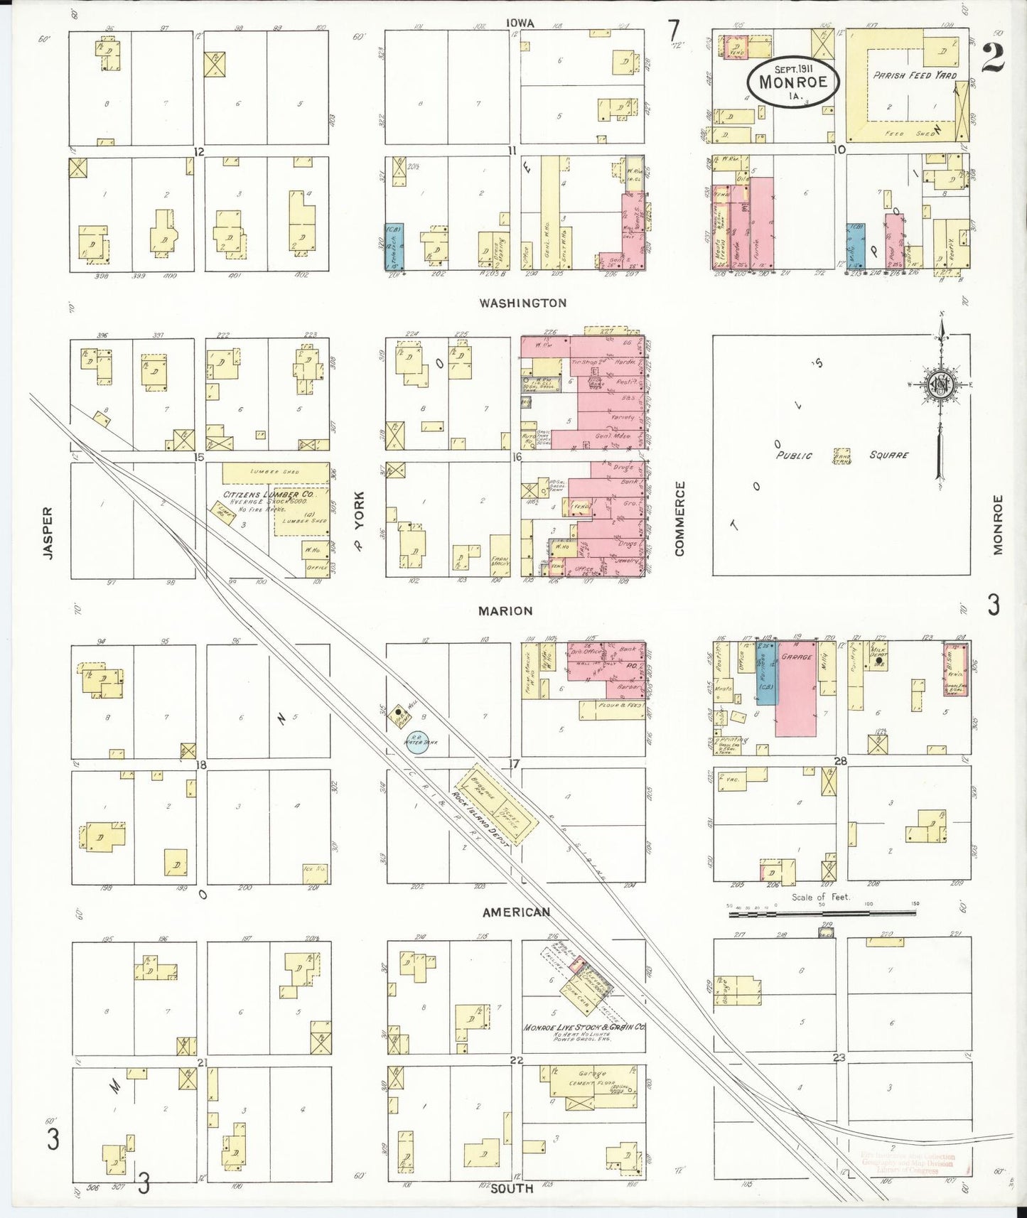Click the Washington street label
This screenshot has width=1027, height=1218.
click(522, 303)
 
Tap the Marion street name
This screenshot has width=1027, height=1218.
click(505, 611)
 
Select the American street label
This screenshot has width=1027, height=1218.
click(516, 912)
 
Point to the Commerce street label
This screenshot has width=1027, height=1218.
click(680, 519)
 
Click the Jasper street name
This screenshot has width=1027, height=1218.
click(48, 532)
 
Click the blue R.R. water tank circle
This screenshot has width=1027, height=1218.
click(417, 742)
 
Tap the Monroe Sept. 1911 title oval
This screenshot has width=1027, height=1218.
click(792, 82)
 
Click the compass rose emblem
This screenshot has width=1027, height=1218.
click(940, 385)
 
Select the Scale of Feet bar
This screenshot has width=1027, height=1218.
click(822, 913)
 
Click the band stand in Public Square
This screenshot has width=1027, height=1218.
click(842, 456)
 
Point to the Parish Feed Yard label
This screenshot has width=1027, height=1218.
click(915, 75)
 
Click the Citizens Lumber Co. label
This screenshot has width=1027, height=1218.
click(268, 495)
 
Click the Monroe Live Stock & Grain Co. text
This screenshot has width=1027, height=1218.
click(584, 1028)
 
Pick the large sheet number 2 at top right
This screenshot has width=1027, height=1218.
click(993, 58)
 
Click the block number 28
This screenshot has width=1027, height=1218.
click(840, 761)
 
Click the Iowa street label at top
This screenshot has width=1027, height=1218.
click(520, 23)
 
